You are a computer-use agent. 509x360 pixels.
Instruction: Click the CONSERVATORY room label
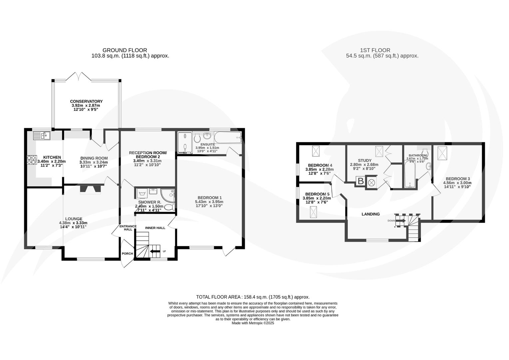pos(86,101)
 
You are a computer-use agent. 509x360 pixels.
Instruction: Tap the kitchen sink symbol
pos(41,135)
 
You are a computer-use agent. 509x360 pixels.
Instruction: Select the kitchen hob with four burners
pos(32,160)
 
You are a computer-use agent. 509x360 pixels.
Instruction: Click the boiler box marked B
pos(360,181)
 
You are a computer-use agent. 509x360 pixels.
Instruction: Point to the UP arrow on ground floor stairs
pos(155,251)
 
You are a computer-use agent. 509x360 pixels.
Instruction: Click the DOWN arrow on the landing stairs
pos(400,221)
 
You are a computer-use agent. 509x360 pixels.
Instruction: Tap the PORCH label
pos(127,254)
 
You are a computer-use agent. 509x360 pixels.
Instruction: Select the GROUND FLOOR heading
pos(125,50)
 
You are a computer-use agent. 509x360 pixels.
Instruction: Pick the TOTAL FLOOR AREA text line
pos(253,297)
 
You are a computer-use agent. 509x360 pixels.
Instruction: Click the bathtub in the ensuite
pos(228,137)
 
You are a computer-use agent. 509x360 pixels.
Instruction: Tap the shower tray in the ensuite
pos(184,143)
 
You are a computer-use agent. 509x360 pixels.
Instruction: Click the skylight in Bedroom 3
pos(442,153)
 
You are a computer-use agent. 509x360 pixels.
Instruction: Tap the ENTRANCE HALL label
pos(128,228)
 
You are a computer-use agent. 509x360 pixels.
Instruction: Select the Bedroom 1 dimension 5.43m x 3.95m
pos(209,202)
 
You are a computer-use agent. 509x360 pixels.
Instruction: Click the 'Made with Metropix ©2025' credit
pos(253,323)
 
